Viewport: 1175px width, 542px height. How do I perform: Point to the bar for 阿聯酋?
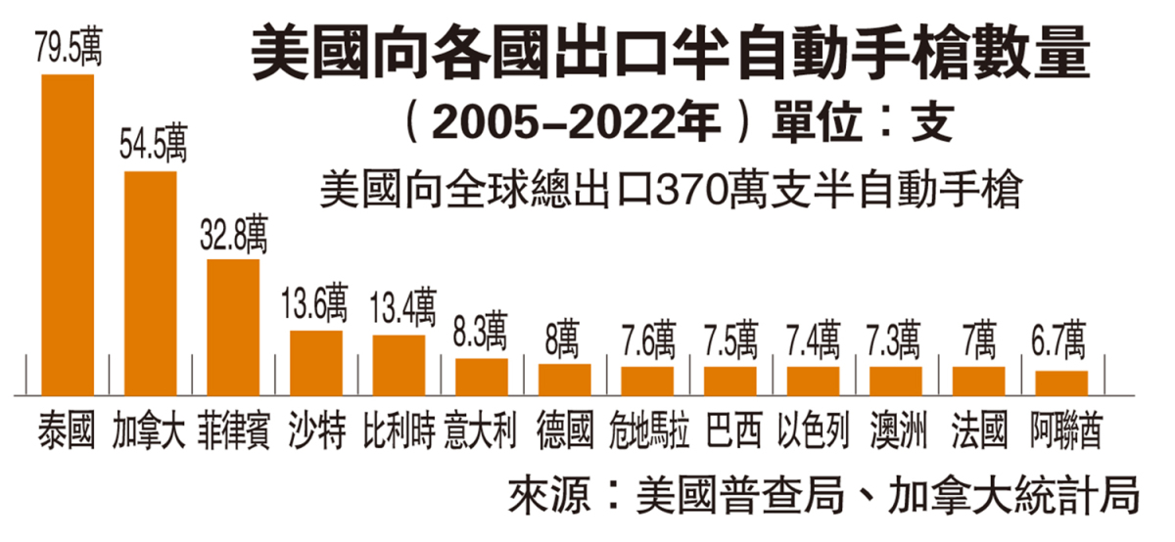pyautogui.click(x=1061, y=383)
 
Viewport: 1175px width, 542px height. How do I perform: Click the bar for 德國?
pyautogui.click(x=564, y=379)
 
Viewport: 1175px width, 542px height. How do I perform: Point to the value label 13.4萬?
pyautogui.click(x=400, y=309)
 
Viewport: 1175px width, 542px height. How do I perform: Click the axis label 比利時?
pyautogui.click(x=399, y=430)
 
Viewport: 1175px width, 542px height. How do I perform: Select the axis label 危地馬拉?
pyautogui.click(x=647, y=430)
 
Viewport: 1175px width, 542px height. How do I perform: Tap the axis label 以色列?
pyautogui.click(x=813, y=430)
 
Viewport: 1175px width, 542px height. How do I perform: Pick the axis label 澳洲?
pyautogui.click(x=896, y=430)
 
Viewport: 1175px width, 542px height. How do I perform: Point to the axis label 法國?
pyautogui.click(x=978, y=430)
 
